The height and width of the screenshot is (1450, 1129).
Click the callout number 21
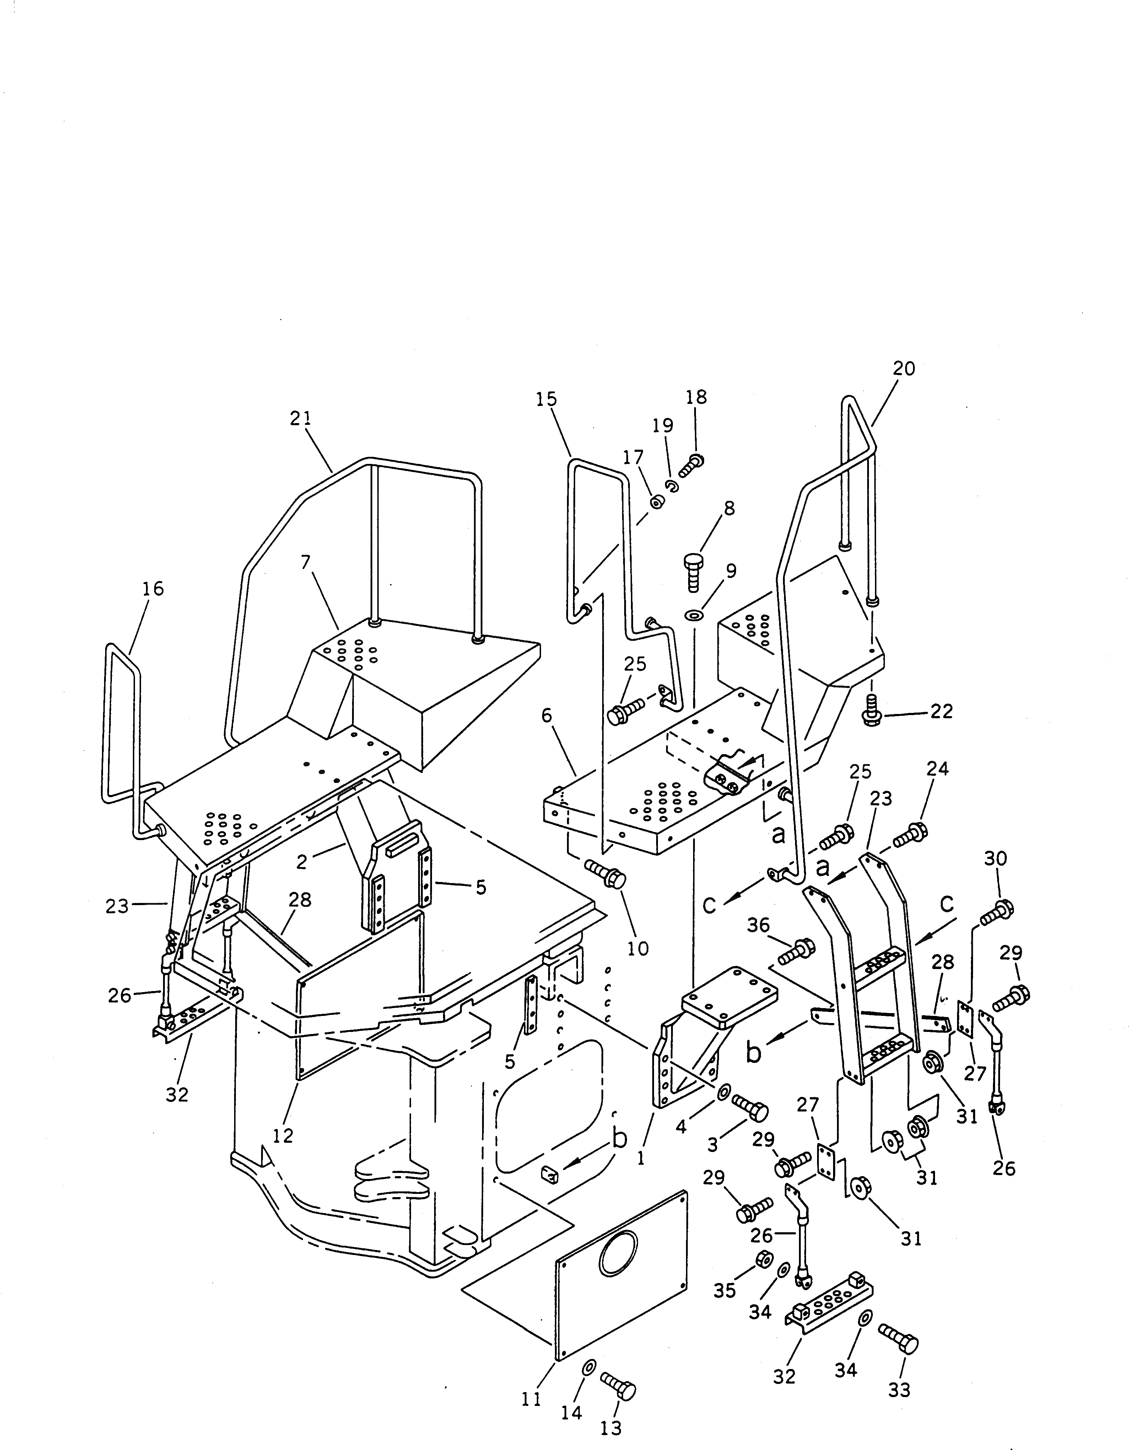coord(300,419)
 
